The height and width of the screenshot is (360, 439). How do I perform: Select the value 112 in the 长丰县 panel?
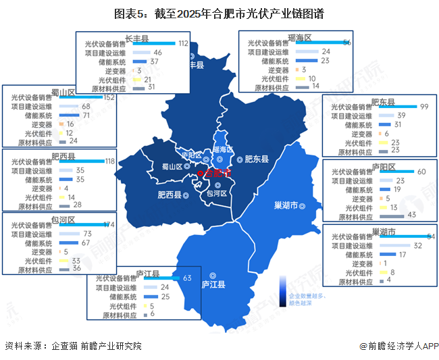pyautogui.click(x=182, y=43)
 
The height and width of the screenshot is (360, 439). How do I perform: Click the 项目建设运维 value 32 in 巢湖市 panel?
pyautogui.click(x=418, y=246)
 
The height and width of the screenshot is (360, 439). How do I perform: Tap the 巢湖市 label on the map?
pyautogui.click(x=286, y=205)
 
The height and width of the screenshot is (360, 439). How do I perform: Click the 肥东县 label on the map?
pyautogui.click(x=256, y=159)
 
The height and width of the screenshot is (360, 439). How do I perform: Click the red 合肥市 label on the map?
pyautogui.click(x=217, y=174)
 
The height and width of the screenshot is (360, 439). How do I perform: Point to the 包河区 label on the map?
pyautogui.click(x=216, y=193)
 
